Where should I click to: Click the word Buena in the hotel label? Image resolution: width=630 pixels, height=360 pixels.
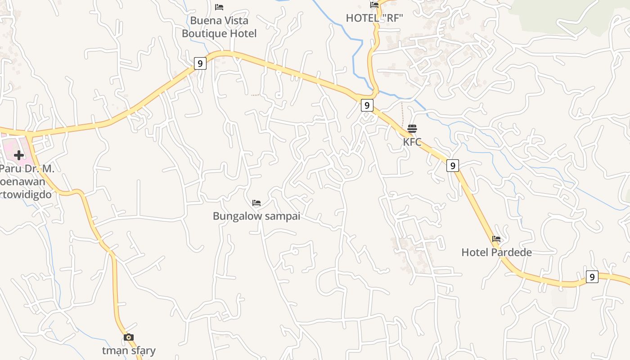click(x=203, y=21)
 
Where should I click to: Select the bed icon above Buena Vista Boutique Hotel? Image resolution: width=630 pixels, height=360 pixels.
click(x=219, y=7)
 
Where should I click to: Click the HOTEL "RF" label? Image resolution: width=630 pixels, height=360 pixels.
click(x=374, y=18)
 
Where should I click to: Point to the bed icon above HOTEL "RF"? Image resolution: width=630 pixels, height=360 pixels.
click(x=374, y=5)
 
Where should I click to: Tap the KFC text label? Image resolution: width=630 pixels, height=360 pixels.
click(x=412, y=142)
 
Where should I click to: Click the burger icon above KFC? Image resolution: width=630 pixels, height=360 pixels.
click(x=412, y=129)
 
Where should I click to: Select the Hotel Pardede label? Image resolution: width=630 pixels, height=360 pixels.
click(x=496, y=252)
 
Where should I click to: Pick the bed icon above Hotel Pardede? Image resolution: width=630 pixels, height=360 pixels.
click(x=496, y=239)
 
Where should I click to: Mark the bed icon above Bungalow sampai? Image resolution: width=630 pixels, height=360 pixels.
click(x=256, y=203)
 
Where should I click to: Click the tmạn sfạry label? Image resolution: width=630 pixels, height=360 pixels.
click(x=129, y=351)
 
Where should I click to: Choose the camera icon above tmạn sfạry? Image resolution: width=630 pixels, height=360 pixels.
click(x=129, y=337)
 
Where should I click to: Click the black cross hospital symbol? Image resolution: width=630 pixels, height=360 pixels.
click(x=19, y=155)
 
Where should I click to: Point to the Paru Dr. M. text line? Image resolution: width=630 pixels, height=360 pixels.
click(x=27, y=169)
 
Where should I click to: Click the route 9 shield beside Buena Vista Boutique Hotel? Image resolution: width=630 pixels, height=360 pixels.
click(x=200, y=63)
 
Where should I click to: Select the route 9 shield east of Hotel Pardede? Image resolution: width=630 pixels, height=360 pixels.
click(x=592, y=277)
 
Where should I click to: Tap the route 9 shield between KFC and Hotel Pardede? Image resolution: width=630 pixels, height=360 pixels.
click(x=453, y=166)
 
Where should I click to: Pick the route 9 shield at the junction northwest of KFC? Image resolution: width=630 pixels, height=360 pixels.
click(x=367, y=106)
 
